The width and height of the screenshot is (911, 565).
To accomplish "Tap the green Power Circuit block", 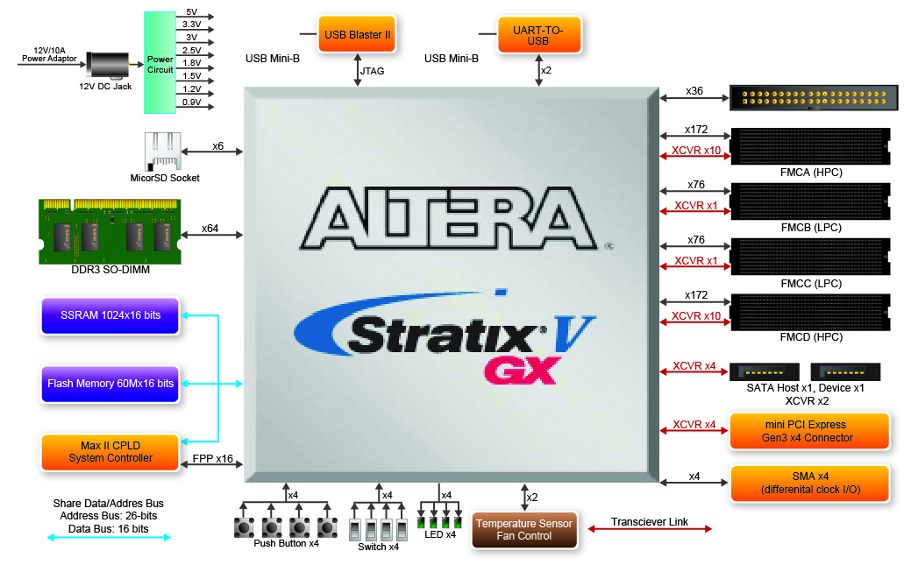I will coord(160,63).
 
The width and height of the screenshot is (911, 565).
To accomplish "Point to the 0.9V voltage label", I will coord(191,102).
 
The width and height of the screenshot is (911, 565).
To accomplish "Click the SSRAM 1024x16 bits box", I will coord(110,315).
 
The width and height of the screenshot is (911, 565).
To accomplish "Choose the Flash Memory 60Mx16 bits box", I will coord(110,384).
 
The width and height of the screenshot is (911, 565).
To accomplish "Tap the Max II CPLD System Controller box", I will coord(110,452).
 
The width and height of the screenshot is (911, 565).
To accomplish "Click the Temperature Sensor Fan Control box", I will coord(524,530).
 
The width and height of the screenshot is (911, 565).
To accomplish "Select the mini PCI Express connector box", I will coord(808,431).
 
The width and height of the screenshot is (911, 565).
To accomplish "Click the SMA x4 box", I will coord(808,483).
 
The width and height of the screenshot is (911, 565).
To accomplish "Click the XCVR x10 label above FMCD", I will coord(696,316).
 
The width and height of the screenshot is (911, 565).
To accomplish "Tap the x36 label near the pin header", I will coord(694,91).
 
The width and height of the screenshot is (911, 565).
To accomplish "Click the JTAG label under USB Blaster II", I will coord(373,71).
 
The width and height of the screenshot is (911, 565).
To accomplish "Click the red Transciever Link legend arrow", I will coord(649,529).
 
